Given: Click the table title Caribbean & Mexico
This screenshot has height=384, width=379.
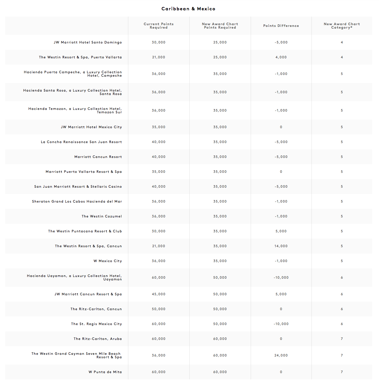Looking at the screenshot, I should pyautogui.click(x=188, y=9).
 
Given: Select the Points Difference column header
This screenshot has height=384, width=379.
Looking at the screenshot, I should pyautogui.click(x=281, y=26).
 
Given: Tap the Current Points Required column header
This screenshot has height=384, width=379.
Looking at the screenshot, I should pyautogui.click(x=159, y=26).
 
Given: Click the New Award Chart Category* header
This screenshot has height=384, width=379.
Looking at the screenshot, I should pyautogui.click(x=342, y=26).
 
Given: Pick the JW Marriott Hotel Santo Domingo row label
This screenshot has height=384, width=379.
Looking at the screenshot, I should pyautogui.click(x=88, y=42).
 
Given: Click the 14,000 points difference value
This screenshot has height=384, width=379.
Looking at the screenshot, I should pyautogui.click(x=281, y=246).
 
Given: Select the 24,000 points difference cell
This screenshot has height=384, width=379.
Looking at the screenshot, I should pyautogui.click(x=281, y=355).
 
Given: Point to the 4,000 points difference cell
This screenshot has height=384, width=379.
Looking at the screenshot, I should pyautogui.click(x=281, y=57).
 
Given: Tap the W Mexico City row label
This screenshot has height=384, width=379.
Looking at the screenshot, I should pyautogui.click(x=108, y=261).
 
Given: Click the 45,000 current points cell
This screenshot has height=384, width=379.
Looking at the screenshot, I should pyautogui.click(x=159, y=294).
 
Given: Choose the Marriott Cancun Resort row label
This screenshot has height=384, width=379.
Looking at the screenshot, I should pyautogui.click(x=98, y=157).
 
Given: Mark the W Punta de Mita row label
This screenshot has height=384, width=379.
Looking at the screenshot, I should pyautogui.click(x=105, y=372).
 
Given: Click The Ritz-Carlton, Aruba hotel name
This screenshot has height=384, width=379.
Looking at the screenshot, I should pyautogui.click(x=97, y=339).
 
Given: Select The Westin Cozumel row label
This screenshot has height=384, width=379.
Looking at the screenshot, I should pyautogui.click(x=101, y=216).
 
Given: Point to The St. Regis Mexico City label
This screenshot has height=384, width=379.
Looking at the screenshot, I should pyautogui.click(x=96, y=324).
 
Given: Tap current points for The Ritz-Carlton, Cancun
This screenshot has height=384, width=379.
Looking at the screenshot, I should pyautogui.click(x=159, y=309).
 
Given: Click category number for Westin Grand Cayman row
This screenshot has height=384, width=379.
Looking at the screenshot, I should pyautogui.click(x=342, y=355).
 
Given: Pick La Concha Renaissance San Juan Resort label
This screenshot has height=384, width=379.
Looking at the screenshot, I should pyautogui.click(x=81, y=142).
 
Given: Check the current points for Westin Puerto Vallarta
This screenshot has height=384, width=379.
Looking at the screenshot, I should pyautogui.click(x=159, y=57).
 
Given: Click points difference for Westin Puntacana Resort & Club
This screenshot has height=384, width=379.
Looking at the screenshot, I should pyautogui.click(x=281, y=231).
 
